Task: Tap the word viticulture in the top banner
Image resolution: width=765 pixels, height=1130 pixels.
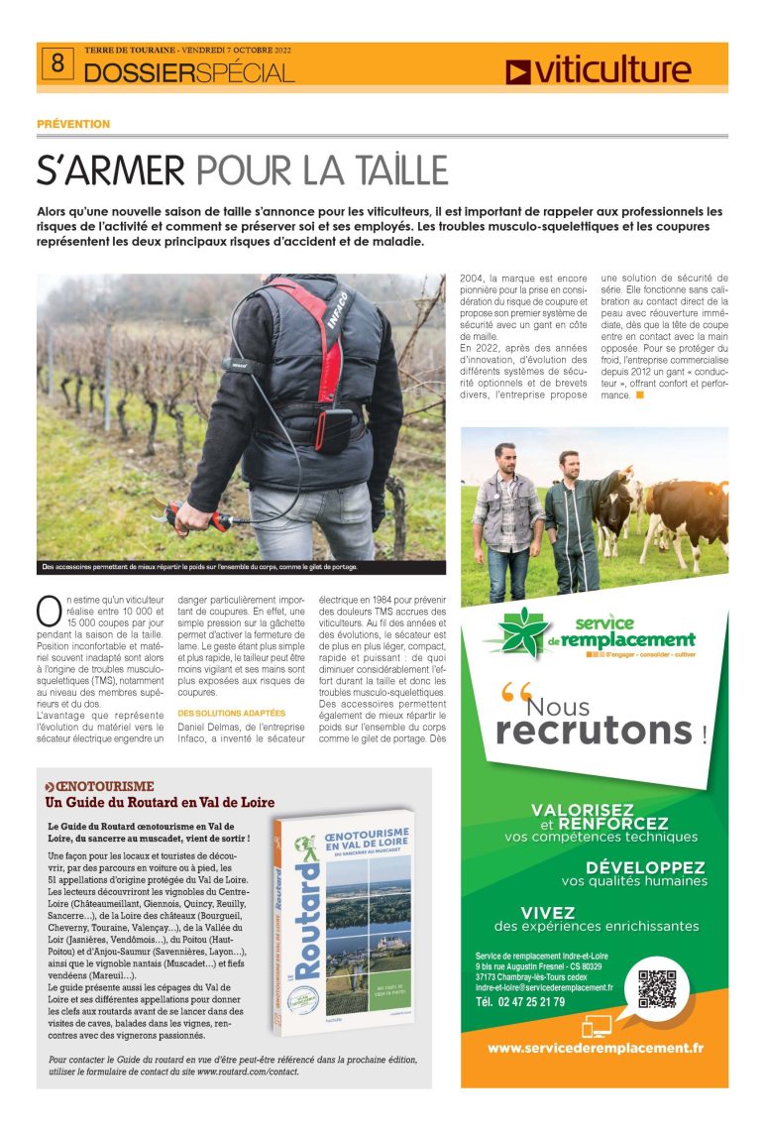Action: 610,70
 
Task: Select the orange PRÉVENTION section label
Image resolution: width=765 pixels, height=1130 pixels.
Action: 73,124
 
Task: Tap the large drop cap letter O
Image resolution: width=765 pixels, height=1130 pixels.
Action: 49,609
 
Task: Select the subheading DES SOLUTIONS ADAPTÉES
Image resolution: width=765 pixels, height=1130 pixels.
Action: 231,713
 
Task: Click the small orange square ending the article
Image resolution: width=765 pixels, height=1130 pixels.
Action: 640,395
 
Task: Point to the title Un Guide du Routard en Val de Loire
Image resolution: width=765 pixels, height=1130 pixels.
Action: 160,802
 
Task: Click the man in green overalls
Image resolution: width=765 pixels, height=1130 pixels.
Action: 577,520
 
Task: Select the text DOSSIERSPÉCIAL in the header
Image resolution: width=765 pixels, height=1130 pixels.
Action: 188,73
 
